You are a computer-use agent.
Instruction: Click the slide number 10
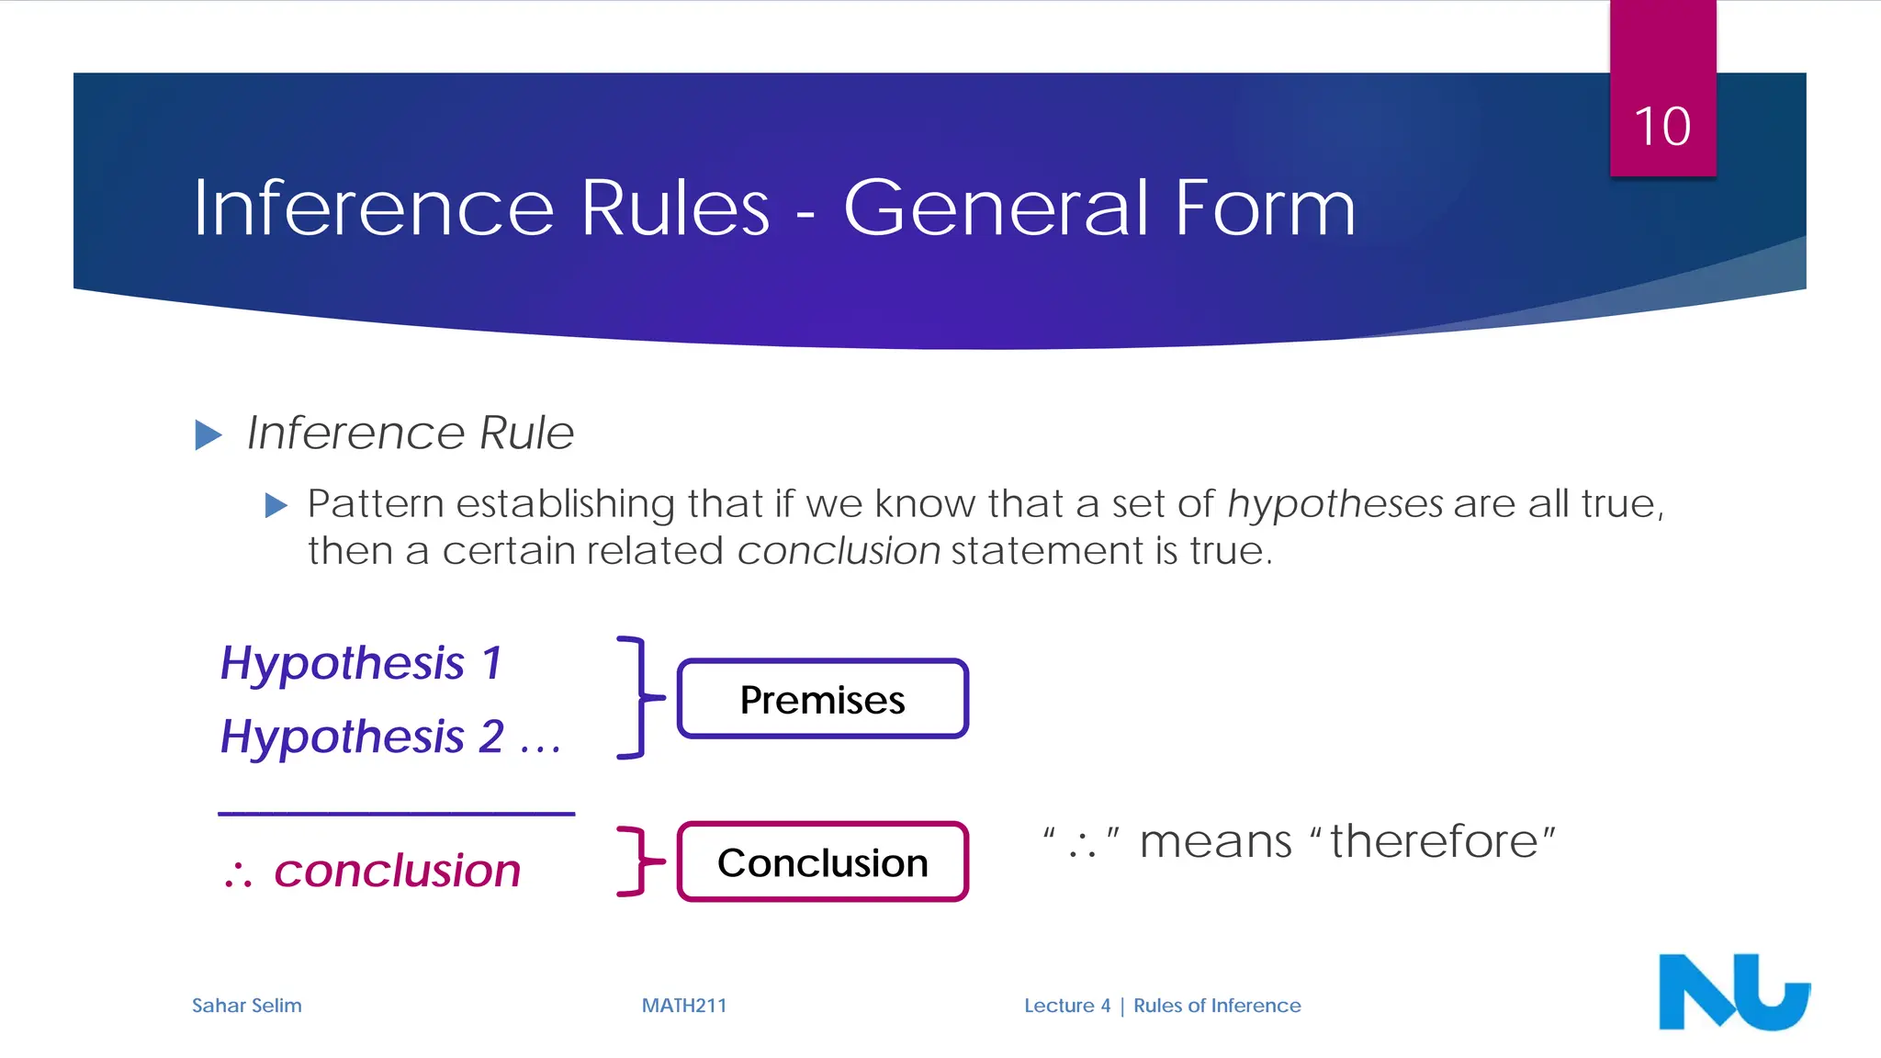coord(1661,126)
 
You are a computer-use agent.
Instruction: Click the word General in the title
coord(997,208)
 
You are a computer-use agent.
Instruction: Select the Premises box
coord(822,699)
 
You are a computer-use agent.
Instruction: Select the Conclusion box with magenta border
coord(822,862)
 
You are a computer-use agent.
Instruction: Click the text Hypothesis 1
coord(361,663)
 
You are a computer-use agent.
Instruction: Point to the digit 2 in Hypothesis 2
coord(491,737)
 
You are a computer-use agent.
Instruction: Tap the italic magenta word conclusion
coord(397,871)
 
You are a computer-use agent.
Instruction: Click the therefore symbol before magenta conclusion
coord(238,874)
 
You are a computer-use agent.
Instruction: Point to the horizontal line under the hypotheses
coord(396,814)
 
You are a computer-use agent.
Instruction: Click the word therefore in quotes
coord(1434,841)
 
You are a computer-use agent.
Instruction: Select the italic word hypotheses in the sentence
coord(1335,503)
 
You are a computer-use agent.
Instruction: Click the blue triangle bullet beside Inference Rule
coord(208,434)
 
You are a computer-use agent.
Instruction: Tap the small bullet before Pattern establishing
coord(276,505)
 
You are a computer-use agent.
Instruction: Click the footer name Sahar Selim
coord(246,1006)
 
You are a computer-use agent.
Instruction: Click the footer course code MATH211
coord(683,1006)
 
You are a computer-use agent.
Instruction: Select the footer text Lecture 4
coord(1066,1006)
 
